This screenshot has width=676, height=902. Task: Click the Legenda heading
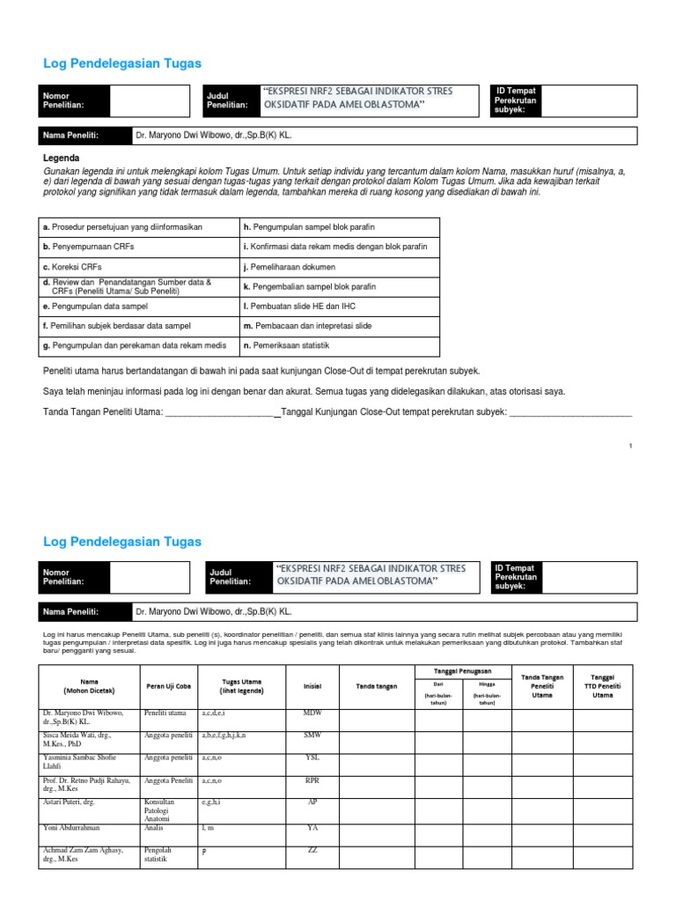pyautogui.click(x=61, y=158)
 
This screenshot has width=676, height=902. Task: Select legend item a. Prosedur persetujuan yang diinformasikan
pyautogui.click(x=122, y=226)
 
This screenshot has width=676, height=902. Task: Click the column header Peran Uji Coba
pyautogui.click(x=166, y=686)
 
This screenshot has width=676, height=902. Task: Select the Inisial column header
pyautogui.click(x=312, y=686)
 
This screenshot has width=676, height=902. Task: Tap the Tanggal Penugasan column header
pyautogui.click(x=462, y=671)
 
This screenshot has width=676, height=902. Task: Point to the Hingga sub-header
pyautogui.click(x=487, y=684)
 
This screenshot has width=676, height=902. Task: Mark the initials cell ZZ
pyautogui.click(x=312, y=849)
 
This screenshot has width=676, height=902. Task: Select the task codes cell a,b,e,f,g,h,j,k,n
pyautogui.click(x=224, y=734)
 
